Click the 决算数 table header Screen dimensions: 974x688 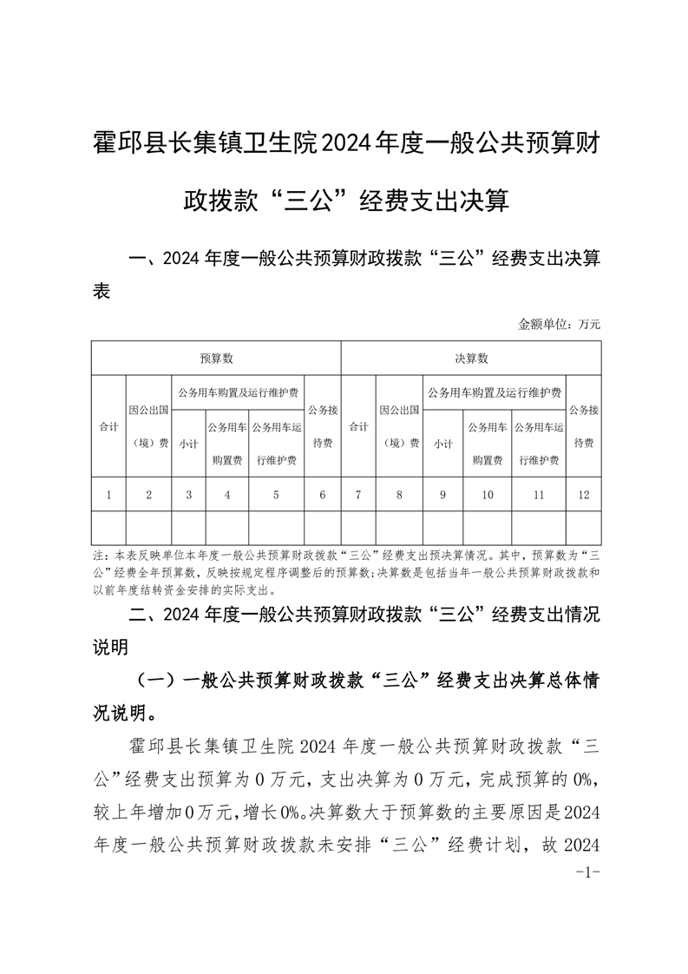[471, 358]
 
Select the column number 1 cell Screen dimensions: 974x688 [108, 495]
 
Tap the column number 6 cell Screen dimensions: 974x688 [323, 495]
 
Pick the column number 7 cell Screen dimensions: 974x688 [358, 495]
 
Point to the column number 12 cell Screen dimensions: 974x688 [583, 495]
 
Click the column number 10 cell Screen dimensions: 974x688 [488, 495]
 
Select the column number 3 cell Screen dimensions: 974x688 [189, 495]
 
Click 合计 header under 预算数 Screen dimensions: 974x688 [108, 426]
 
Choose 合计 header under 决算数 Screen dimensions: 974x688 [358, 426]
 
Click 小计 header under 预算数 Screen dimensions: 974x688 [189, 443]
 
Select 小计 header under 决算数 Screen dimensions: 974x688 [443, 443]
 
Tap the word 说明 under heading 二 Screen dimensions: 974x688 [110, 647]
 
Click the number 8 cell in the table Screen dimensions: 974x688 [399, 495]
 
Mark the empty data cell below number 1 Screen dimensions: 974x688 [108, 528]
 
